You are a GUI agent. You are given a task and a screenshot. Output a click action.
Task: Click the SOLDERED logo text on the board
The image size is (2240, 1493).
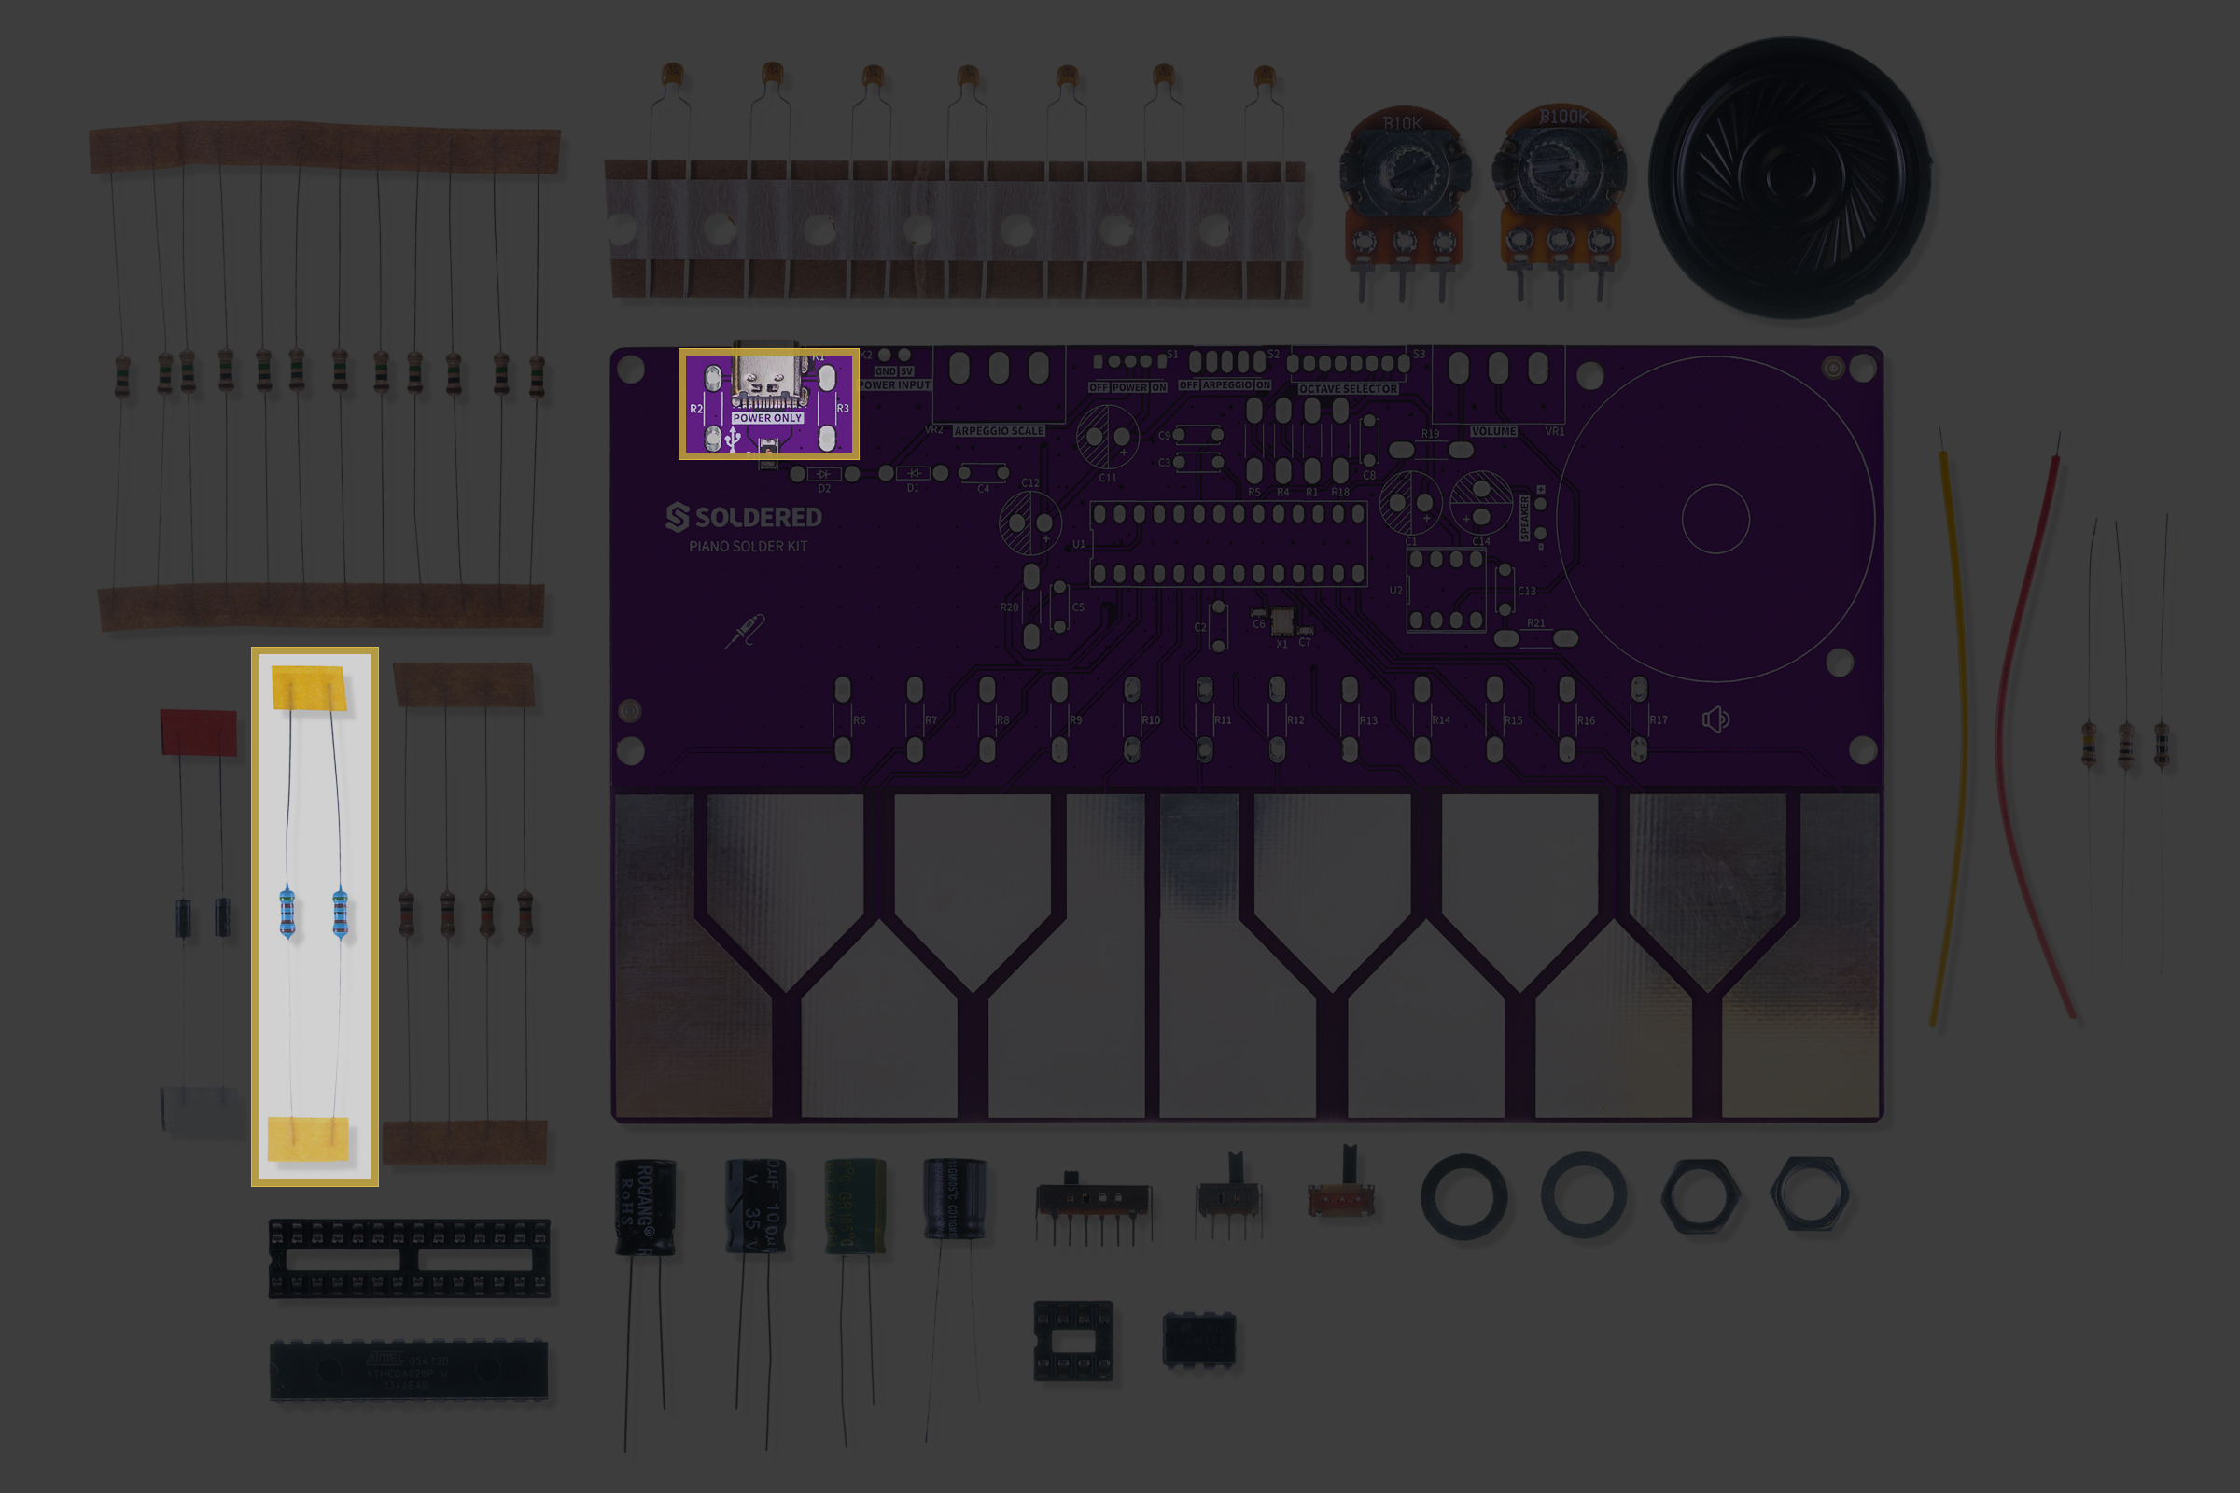744,517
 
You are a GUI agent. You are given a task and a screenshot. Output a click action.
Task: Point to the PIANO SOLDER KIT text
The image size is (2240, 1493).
748,547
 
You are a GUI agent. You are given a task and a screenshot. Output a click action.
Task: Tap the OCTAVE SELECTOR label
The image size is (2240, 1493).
1348,389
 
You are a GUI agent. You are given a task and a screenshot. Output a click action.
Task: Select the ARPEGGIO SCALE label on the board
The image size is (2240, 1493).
999,431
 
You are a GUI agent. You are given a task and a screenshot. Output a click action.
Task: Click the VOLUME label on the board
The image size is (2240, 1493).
1493,431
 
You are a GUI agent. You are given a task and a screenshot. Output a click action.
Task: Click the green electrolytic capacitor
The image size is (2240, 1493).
854,1204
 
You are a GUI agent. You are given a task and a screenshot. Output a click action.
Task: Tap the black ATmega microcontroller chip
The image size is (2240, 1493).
409,1371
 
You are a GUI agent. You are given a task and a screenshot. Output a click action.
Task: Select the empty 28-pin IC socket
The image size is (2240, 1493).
409,1259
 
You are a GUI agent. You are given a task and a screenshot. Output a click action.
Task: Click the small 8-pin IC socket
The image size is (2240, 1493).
1072,1341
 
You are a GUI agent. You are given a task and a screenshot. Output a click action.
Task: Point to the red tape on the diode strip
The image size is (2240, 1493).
198,733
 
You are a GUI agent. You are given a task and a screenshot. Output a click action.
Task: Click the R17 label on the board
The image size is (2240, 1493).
1659,720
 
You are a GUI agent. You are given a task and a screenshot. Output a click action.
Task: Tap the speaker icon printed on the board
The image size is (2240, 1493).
1715,719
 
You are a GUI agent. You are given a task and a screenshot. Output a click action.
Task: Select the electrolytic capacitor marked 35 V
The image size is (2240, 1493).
755,1206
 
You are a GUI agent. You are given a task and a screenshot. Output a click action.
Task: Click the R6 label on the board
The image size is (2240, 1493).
859,720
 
